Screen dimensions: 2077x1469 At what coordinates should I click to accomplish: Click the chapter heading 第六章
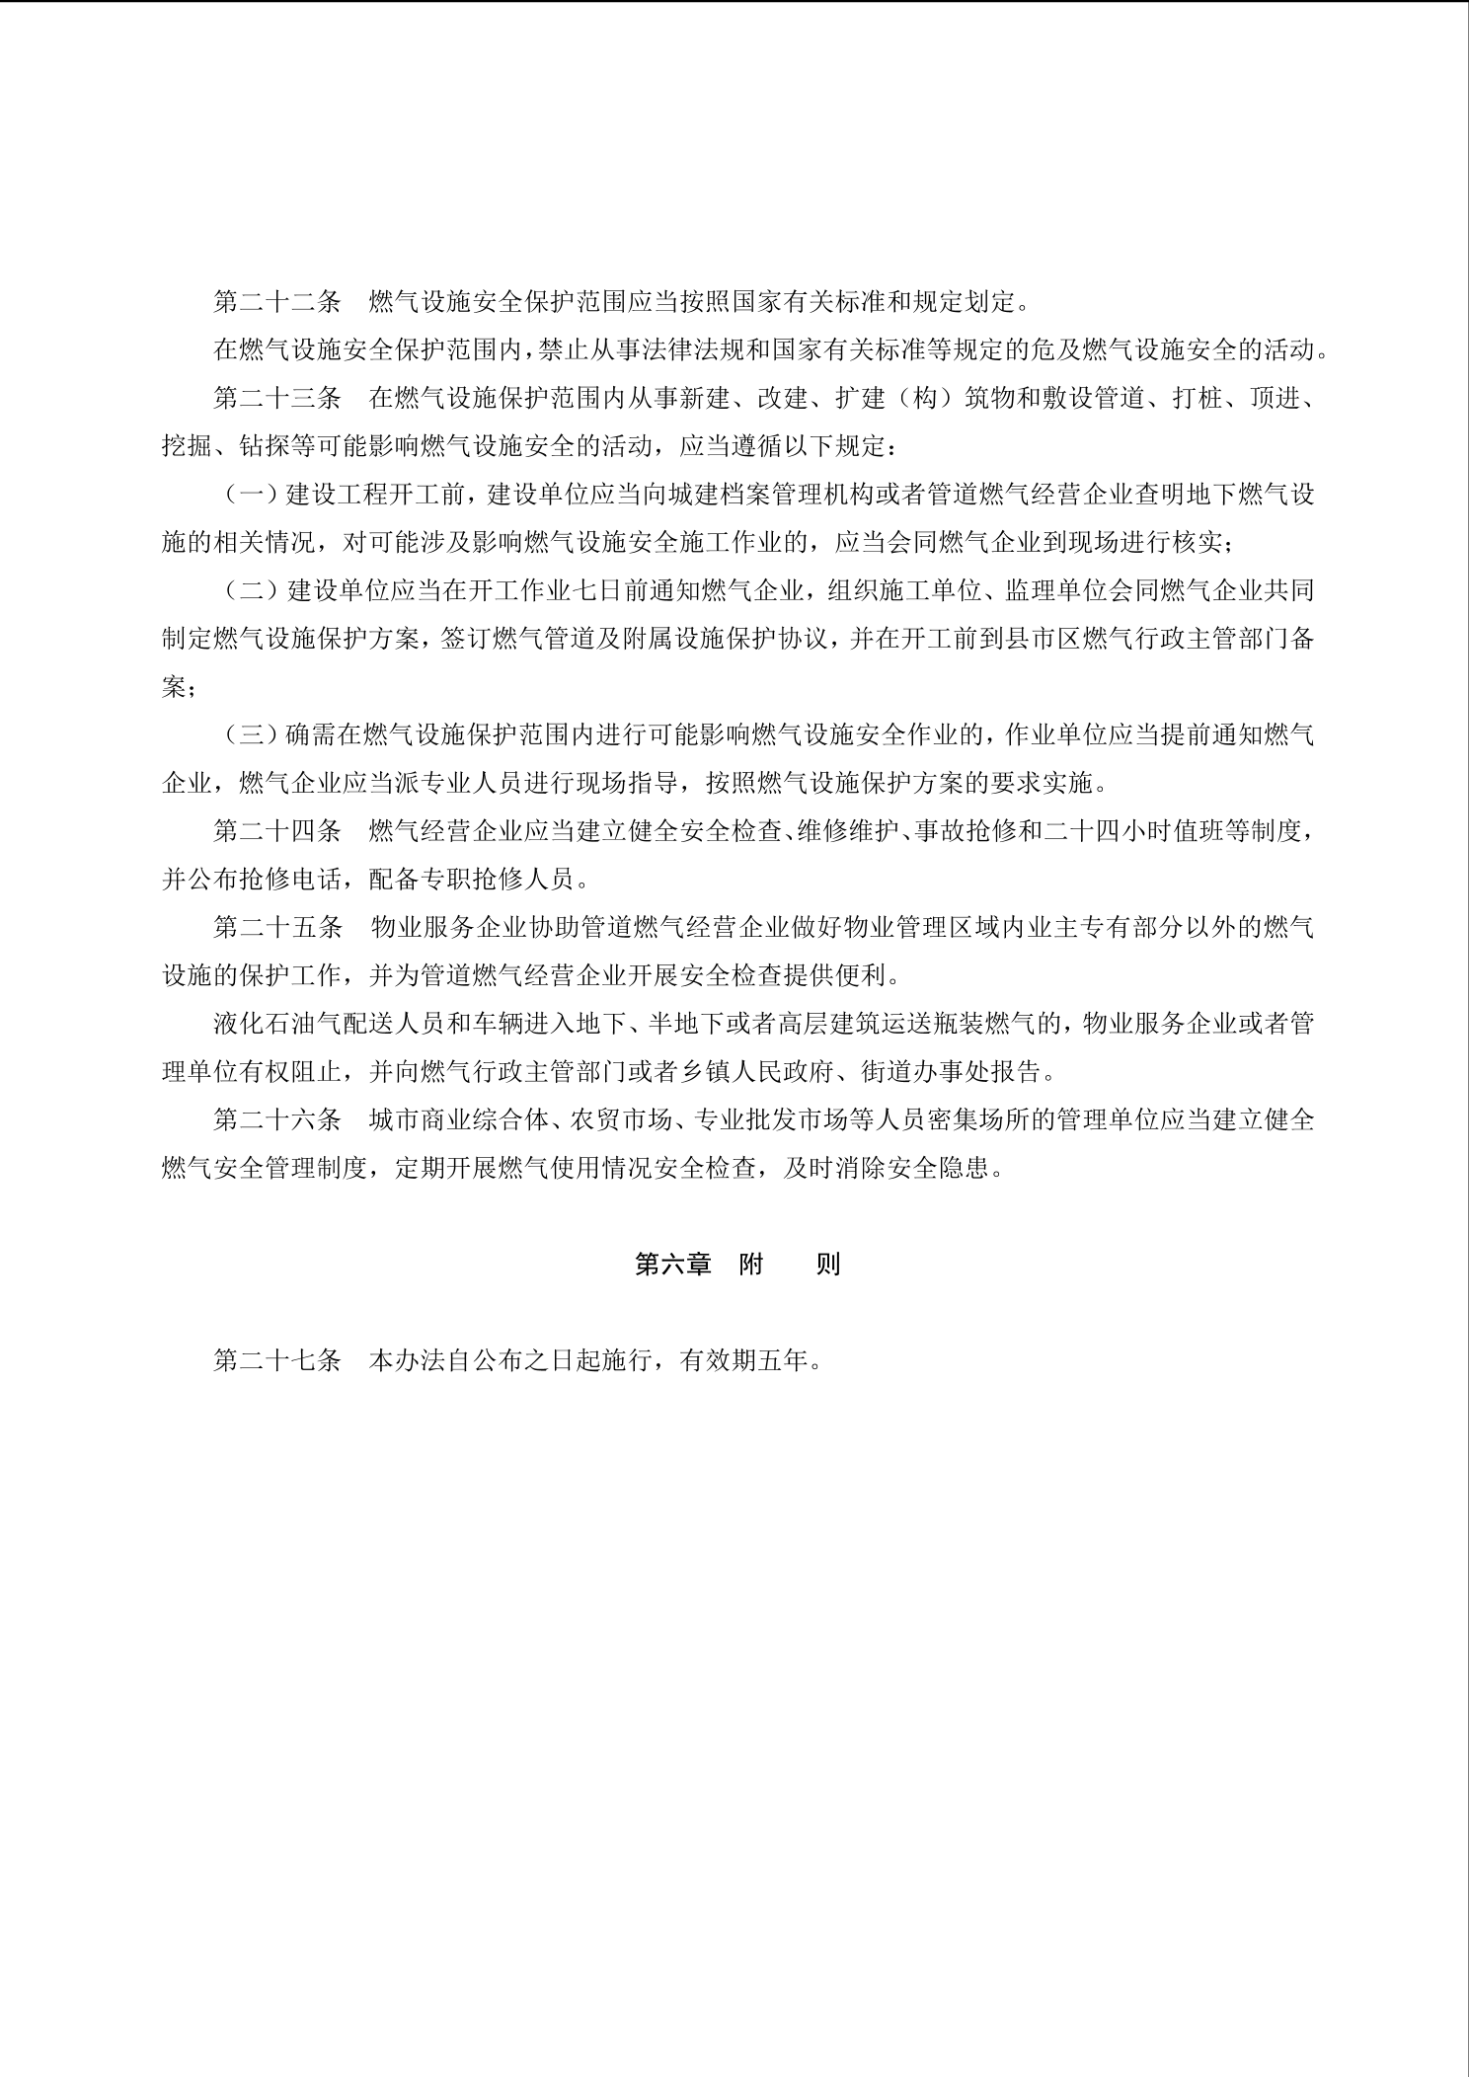(x=673, y=1265)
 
